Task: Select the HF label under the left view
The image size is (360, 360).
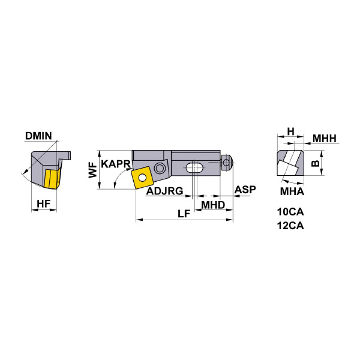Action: (x=43, y=204)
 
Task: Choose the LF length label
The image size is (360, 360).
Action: (x=184, y=214)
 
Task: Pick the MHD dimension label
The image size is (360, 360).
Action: (x=213, y=205)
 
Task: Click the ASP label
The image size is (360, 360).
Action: (x=245, y=190)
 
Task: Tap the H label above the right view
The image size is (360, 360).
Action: (x=291, y=131)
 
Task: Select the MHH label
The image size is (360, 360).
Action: (x=325, y=139)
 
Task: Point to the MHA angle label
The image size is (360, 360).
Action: (x=293, y=192)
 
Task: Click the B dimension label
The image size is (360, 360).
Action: (x=316, y=163)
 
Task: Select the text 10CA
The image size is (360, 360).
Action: (x=290, y=212)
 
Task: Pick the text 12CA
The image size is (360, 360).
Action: (x=290, y=226)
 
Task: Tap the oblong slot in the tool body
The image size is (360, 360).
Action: (x=194, y=167)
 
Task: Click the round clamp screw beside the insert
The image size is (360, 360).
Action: (x=160, y=167)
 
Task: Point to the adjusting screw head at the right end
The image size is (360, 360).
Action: (x=227, y=163)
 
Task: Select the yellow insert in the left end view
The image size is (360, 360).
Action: (x=50, y=179)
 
